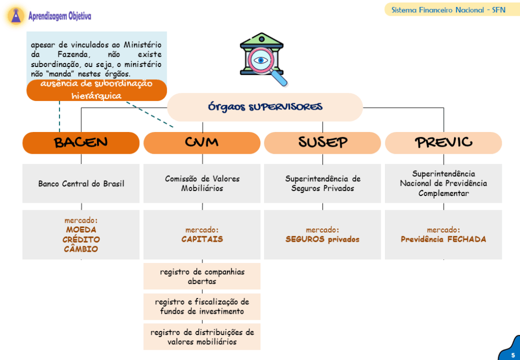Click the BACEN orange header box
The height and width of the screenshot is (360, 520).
tap(81, 143)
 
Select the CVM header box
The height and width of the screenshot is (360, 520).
tap(202, 143)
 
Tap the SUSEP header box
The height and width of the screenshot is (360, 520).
tap(322, 143)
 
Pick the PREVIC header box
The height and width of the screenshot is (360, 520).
tap(443, 143)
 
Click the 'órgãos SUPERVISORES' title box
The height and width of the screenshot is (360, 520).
tap(265, 107)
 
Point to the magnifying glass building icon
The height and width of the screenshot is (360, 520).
tap(263, 59)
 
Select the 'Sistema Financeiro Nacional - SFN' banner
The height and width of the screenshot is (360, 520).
tap(448, 10)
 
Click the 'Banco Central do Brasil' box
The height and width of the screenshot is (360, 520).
tap(81, 184)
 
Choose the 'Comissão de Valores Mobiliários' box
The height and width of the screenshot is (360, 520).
tap(202, 183)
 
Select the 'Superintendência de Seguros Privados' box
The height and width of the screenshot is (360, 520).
tap(322, 183)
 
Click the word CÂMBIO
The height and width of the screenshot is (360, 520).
tap(81, 249)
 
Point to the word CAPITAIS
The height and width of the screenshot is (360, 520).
tap(202, 240)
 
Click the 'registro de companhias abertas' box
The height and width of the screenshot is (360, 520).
tap(202, 276)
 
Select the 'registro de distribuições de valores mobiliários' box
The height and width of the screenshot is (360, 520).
tap(202, 337)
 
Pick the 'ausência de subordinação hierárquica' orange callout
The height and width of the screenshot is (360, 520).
tap(96, 90)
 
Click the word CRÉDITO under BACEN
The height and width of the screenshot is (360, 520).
tap(81, 240)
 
